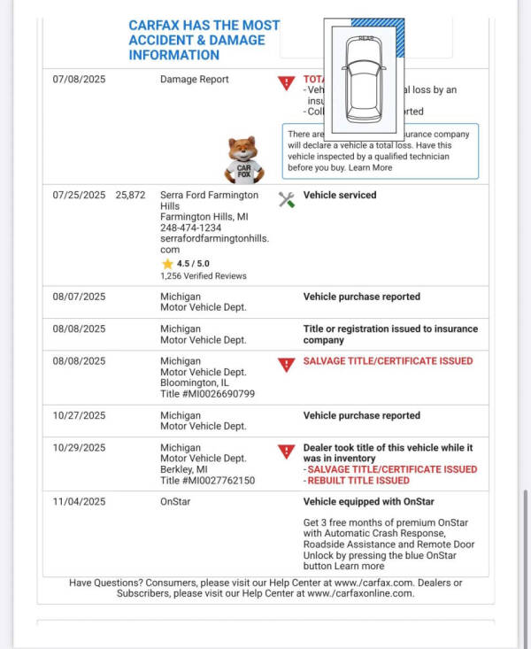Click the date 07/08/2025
[x=79, y=80]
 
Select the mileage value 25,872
[x=130, y=195]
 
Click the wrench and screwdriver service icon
[x=286, y=199]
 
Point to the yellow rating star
[x=166, y=264]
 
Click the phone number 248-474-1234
[x=191, y=228]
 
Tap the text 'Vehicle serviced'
[x=340, y=195]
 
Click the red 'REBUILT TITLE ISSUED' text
[x=358, y=481]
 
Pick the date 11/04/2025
[x=79, y=502]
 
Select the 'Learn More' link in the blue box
[x=370, y=167]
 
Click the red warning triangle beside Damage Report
[x=286, y=83]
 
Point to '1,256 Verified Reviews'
[x=204, y=276]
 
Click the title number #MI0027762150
[x=207, y=481]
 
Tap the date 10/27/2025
[x=79, y=415]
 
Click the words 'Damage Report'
[x=195, y=80]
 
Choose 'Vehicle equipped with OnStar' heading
[x=369, y=502]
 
